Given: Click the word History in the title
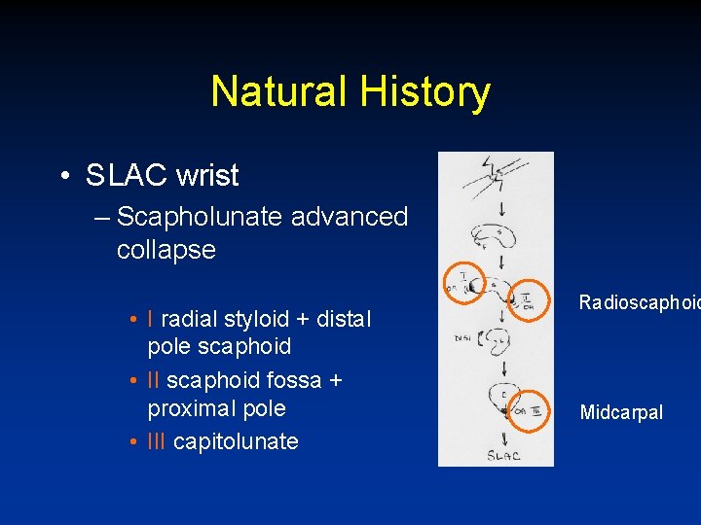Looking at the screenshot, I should click(x=424, y=92).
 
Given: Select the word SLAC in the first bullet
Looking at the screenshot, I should click(x=114, y=176).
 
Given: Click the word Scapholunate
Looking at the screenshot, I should click(x=201, y=216).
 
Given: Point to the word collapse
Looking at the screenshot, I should click(x=166, y=249).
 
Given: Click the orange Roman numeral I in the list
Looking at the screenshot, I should click(x=151, y=319).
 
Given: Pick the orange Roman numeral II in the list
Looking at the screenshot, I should click(x=154, y=380).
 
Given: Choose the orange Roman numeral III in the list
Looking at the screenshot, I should click(x=157, y=441).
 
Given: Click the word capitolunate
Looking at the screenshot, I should click(x=237, y=441).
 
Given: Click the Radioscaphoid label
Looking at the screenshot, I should click(x=639, y=302).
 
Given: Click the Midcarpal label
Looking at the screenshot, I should click(x=621, y=412).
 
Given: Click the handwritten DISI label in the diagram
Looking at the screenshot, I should click(x=461, y=338).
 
